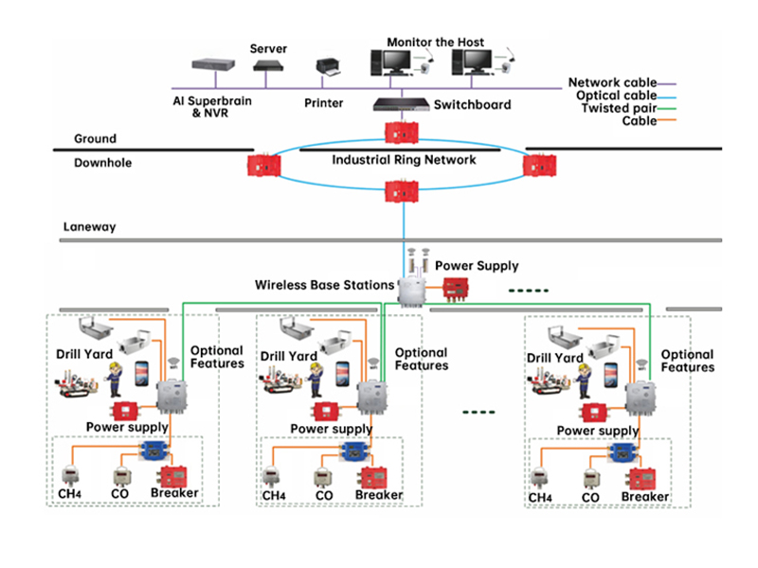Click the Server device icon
click(268, 66)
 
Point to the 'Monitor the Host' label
click(435, 43)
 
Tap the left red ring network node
click(262, 165)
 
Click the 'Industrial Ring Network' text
click(404, 160)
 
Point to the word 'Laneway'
click(89, 227)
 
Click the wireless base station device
click(413, 289)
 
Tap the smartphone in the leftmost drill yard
click(138, 371)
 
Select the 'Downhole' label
click(103, 163)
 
